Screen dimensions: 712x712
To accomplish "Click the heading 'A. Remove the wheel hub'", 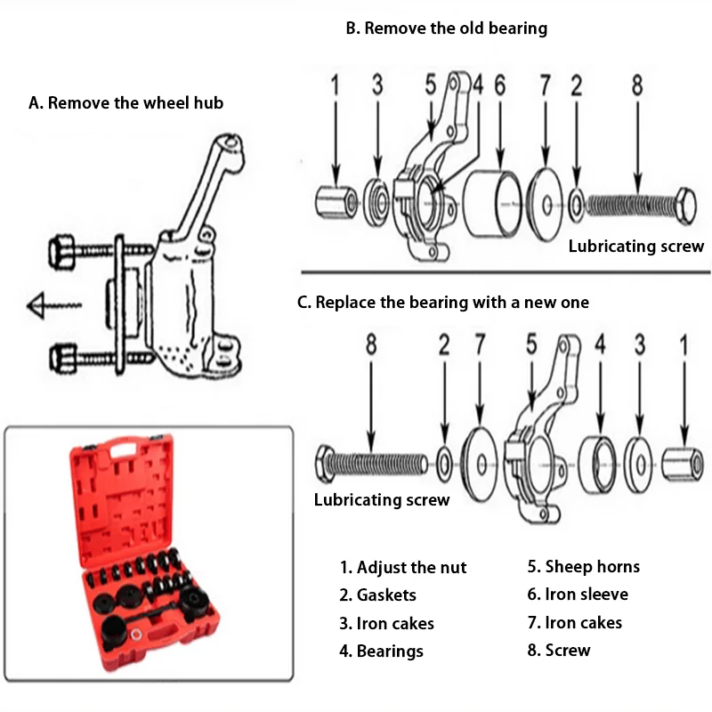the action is [125, 103].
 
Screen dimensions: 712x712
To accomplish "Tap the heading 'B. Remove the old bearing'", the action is [447, 28].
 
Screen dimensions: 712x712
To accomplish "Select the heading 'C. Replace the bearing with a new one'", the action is [442, 303].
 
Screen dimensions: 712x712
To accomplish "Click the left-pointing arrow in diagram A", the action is [54, 305].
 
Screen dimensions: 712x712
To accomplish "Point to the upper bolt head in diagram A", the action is [61, 252].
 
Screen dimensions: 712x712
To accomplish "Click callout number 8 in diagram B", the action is [637, 85].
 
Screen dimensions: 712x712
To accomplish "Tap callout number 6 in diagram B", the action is [499, 85].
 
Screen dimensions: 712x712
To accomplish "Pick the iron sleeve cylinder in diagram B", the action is [493, 205].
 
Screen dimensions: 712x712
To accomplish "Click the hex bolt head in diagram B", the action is [686, 206].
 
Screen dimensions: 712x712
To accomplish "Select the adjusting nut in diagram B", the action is [336, 202].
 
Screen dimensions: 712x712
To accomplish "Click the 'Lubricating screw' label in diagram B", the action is [636, 247].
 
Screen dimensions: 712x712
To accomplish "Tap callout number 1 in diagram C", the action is [684, 345].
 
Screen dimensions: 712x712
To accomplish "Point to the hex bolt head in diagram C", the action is [324, 464].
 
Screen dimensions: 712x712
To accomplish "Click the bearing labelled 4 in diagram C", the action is [598, 464].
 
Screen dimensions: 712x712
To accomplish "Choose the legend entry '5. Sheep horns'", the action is [584, 567].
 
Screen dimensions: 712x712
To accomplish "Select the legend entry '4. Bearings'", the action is [381, 651].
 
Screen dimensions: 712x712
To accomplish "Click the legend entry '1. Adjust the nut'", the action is [403, 568].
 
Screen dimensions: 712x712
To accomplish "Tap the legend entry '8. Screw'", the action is [559, 651].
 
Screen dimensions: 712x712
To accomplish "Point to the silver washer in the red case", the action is [135, 634].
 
